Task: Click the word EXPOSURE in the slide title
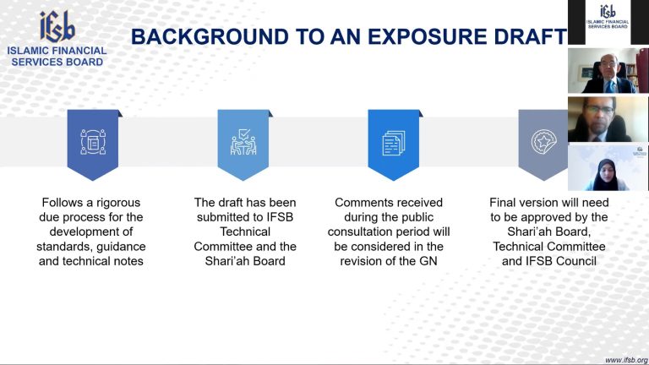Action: point(428,36)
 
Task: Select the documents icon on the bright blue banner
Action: point(393,143)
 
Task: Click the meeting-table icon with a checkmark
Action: point(243,142)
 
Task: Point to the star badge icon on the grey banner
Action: point(543,142)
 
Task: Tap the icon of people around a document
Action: point(93,142)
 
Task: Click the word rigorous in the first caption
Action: point(118,203)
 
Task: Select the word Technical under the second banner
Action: point(245,232)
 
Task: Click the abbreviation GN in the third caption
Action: point(428,261)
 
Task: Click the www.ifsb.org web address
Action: point(626,361)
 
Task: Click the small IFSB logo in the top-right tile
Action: point(608,17)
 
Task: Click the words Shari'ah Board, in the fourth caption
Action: point(548,232)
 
